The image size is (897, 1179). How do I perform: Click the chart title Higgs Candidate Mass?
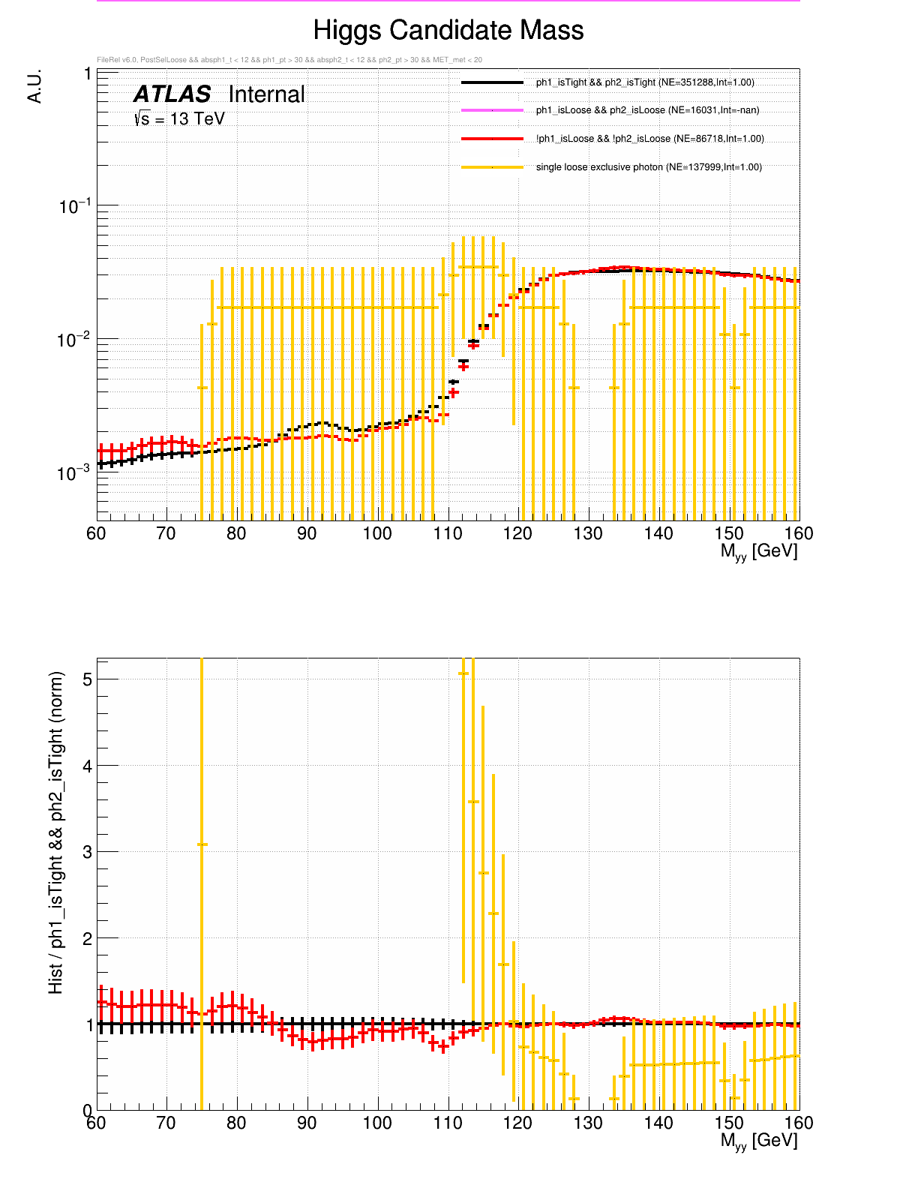(x=448, y=31)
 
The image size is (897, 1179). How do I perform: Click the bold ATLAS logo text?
(x=172, y=94)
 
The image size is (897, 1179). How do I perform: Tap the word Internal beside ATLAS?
(x=266, y=94)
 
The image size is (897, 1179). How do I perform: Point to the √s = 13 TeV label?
(x=179, y=118)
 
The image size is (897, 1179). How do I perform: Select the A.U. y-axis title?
(x=34, y=86)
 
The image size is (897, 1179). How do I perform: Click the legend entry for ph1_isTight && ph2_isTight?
(x=645, y=82)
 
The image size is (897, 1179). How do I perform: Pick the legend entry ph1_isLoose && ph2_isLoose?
(x=647, y=110)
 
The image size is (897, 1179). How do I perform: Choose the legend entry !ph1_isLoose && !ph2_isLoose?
(x=649, y=139)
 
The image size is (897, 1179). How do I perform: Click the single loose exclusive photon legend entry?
(x=649, y=167)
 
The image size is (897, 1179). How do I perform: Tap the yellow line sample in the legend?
(x=492, y=167)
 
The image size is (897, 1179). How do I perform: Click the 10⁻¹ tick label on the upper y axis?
(x=75, y=206)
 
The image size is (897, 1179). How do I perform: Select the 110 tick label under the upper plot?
(x=448, y=533)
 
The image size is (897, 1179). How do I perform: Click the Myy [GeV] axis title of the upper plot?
(x=759, y=551)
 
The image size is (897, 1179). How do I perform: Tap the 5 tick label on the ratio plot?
(x=88, y=679)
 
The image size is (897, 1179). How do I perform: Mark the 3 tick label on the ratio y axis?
(x=88, y=852)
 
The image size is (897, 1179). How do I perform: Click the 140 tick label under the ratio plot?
(x=658, y=1123)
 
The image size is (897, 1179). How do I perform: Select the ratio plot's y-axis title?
(x=56, y=832)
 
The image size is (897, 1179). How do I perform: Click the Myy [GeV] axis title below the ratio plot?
(x=759, y=1141)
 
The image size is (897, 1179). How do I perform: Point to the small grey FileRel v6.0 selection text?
(x=289, y=60)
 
